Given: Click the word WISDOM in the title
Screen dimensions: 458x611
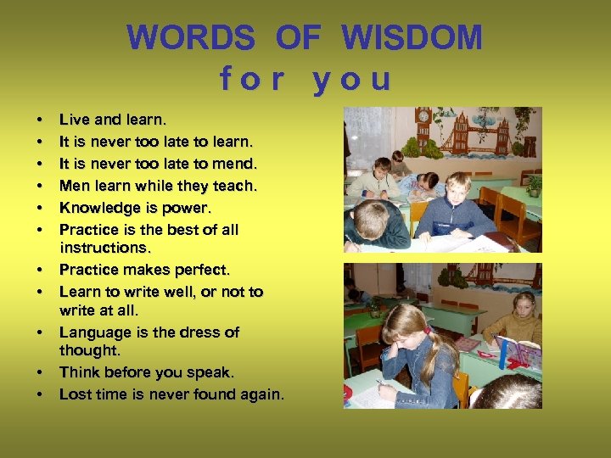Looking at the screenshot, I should pyautogui.click(x=412, y=38).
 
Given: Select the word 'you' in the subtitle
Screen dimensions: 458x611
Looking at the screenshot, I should pyautogui.click(x=351, y=79).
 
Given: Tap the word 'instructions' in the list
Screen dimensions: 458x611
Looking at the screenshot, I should pyautogui.click(x=104, y=249).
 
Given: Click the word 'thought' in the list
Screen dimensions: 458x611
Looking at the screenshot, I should pyautogui.click(x=88, y=350).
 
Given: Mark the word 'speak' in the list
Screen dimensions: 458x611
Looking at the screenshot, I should pyautogui.click(x=212, y=372).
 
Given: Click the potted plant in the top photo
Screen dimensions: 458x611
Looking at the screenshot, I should pyautogui.click(x=533, y=183).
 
